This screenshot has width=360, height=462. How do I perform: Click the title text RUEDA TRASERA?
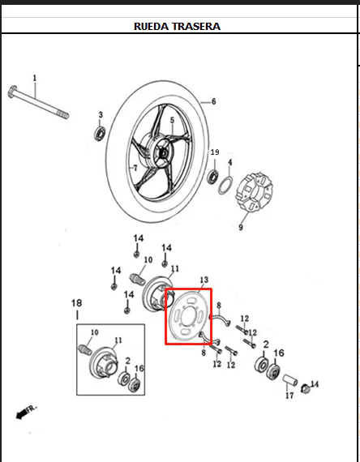tap(177, 26)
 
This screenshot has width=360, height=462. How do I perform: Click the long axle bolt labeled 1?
tap(38, 102)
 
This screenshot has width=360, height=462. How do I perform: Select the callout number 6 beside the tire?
tap(214, 101)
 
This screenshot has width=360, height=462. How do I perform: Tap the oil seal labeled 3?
tap(101, 134)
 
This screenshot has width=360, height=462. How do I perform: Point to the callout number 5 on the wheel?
tap(172, 120)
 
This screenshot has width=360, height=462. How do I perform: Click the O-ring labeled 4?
tap(225, 186)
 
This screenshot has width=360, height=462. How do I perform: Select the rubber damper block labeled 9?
tap(255, 192)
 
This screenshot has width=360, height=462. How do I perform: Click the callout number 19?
tap(215, 152)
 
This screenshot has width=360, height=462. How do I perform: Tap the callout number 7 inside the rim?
tap(135, 168)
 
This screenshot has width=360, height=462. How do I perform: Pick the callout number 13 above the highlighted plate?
tap(204, 280)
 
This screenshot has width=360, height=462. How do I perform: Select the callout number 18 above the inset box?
tap(77, 303)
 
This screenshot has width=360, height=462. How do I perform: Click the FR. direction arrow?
tap(26, 412)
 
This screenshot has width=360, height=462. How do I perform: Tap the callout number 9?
tap(241, 228)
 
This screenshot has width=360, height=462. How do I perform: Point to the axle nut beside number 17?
tap(306, 389)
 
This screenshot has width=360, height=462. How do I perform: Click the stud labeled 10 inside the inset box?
tap(84, 349)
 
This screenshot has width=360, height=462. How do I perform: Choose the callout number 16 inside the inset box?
tap(139, 368)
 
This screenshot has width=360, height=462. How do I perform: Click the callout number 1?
tap(35, 78)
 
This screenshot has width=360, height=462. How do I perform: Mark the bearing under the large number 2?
tap(261, 365)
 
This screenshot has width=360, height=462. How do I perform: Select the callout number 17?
tap(289, 395)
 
